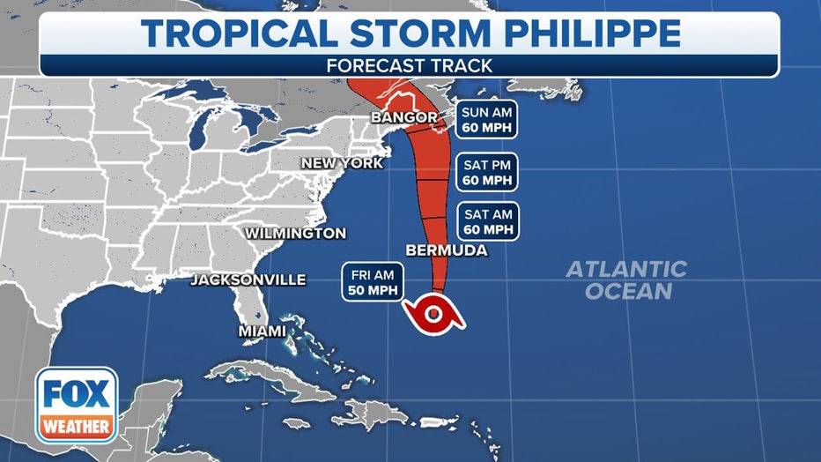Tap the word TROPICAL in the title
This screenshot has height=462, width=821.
240,34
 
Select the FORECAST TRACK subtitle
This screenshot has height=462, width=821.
410,65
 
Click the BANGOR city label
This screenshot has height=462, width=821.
404,117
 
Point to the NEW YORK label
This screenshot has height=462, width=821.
342,163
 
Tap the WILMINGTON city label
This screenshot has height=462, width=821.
295,234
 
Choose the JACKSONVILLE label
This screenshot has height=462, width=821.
248,280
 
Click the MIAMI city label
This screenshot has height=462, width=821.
262,332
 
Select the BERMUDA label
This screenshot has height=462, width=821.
447,250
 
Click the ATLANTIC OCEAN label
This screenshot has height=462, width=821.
626,279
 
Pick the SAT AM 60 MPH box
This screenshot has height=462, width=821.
487,221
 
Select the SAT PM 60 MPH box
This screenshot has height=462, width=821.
487,172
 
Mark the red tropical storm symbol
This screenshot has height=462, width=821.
433,312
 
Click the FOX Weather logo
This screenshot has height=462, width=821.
77,405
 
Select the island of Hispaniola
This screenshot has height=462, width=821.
375,412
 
